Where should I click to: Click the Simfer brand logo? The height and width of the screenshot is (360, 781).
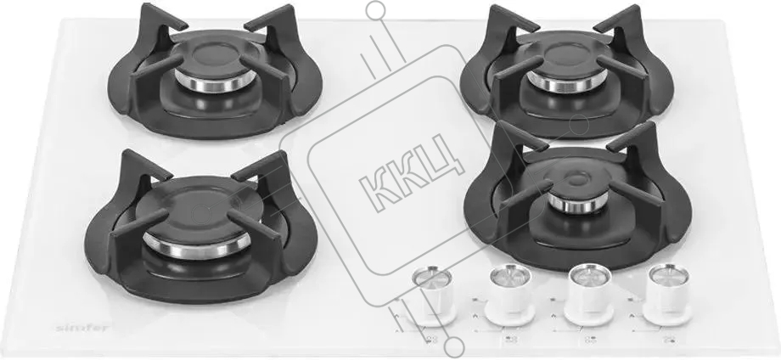82,328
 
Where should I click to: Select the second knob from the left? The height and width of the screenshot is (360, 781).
509,295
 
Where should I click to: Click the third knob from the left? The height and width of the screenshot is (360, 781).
589,294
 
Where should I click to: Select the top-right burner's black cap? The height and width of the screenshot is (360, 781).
567,57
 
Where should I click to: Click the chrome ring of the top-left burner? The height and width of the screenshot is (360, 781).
216,83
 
